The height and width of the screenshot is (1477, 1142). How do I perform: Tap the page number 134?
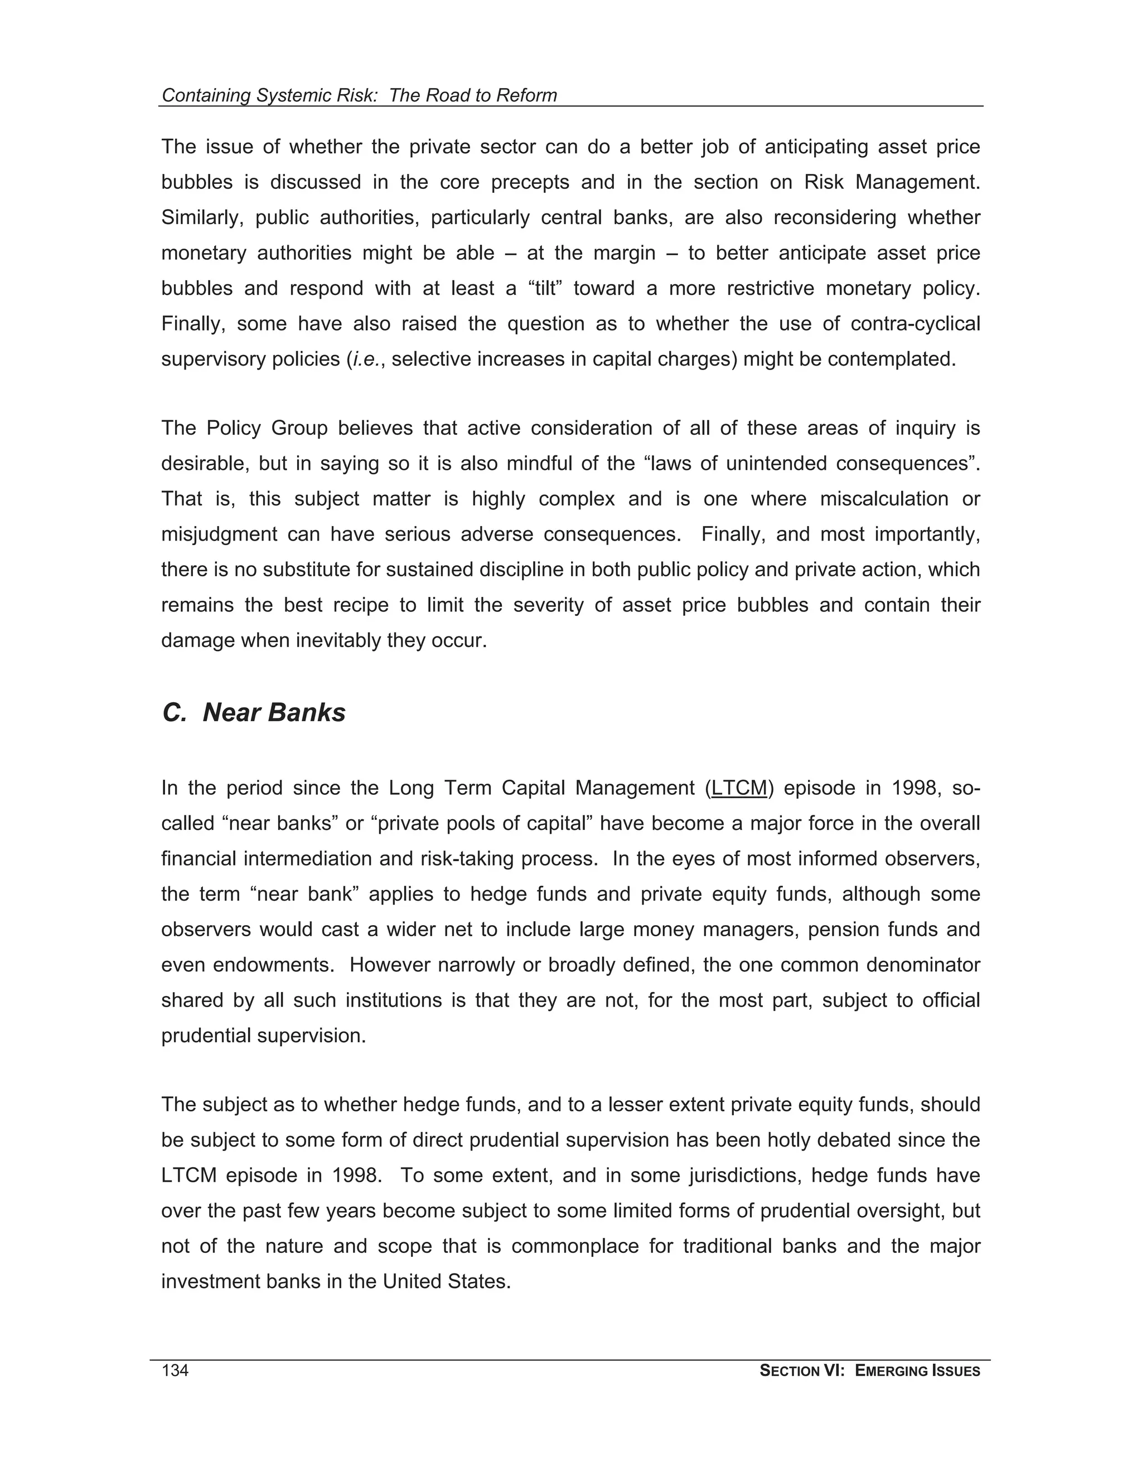pos(175,1370)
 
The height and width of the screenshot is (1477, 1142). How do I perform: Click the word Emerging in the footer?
pos(888,1371)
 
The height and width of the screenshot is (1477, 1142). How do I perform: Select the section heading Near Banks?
pos(273,713)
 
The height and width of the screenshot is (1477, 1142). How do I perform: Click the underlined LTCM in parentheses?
pos(739,788)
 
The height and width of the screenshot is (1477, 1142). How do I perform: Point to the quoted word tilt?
pos(545,288)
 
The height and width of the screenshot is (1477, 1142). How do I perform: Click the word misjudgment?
pos(219,535)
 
